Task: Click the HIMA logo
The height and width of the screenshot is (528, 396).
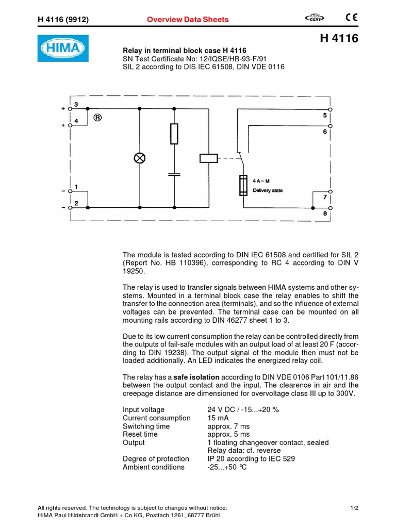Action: click(x=63, y=48)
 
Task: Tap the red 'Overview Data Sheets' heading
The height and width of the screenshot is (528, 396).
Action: click(x=188, y=20)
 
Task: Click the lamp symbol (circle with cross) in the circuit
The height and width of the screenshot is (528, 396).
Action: click(x=140, y=158)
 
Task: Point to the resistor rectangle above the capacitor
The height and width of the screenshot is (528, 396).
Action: click(x=174, y=134)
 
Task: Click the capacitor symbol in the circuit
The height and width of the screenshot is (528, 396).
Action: click(x=174, y=174)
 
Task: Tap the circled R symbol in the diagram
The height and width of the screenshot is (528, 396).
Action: click(x=97, y=117)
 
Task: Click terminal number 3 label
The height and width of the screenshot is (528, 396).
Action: click(x=76, y=105)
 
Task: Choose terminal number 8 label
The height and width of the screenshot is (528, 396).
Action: click(x=324, y=213)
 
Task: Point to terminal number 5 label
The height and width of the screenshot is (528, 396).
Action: click(x=325, y=116)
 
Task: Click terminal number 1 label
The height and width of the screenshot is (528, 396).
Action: click(x=76, y=187)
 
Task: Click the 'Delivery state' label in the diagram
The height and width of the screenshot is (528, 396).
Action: click(x=268, y=190)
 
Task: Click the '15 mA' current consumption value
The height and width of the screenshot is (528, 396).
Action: click(x=218, y=418)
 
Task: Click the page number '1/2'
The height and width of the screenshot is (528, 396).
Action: click(x=354, y=508)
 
